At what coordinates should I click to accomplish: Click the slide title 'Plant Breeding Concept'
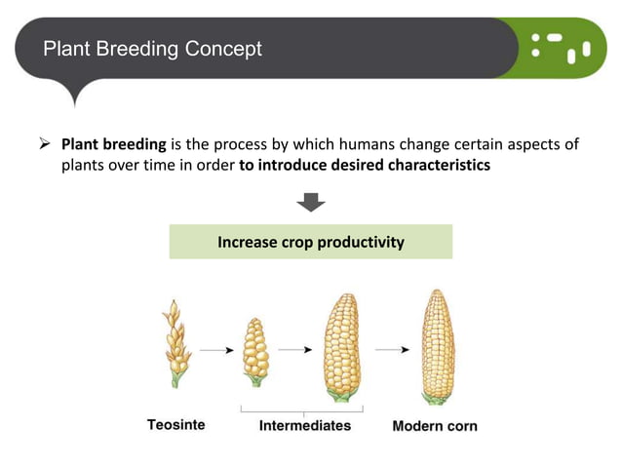pos(152,48)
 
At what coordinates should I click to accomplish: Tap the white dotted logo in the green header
pos(562,46)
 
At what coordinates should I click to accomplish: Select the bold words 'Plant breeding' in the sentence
pos(113,144)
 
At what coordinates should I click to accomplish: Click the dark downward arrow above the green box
pos(310,203)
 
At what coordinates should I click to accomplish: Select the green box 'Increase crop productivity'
pos(310,242)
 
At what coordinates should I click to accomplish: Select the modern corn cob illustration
pos(437,346)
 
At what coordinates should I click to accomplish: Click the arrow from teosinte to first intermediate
pos(215,348)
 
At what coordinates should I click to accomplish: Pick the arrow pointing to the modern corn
pos(392,348)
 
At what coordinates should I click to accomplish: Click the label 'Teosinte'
pos(175,425)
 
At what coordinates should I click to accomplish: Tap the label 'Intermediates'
pos(304,426)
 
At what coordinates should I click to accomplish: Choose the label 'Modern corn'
pos(434,426)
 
